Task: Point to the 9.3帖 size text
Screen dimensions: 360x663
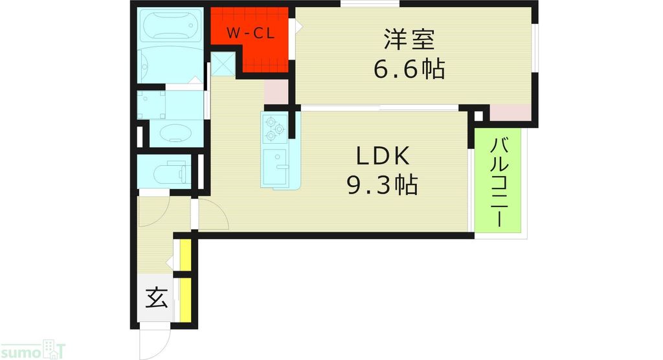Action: pos(382,186)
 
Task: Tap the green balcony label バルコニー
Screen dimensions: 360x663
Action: pos(499,182)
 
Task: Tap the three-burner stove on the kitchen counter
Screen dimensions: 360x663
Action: pos(274,128)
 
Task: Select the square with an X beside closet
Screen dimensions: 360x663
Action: pos(222,63)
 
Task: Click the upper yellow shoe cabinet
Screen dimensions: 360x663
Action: pos(186,256)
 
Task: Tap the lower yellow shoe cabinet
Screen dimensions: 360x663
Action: pos(186,298)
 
